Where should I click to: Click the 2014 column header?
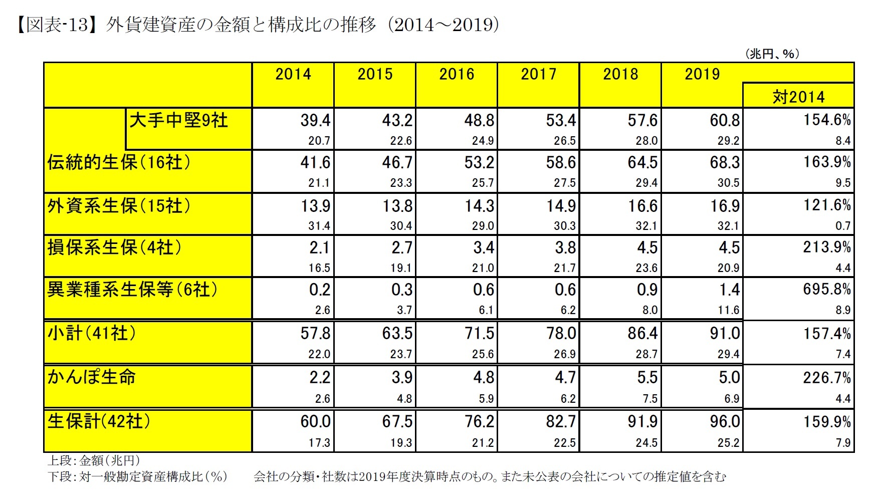coord(293,74)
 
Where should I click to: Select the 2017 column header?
coord(539,74)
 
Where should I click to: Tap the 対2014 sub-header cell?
coord(798,96)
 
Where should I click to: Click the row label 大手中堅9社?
coord(179,120)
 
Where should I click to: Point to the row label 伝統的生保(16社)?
coord(119,162)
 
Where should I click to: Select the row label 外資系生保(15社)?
coord(119,205)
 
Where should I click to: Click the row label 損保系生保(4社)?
coord(114,247)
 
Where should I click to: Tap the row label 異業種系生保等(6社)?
coord(132,290)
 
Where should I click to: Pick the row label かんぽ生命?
coord(92,377)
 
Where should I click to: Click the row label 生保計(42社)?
coord(99,421)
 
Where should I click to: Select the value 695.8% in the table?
coord(827,290)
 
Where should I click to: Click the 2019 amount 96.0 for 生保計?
coord(725,421)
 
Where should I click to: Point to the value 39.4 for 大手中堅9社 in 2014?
coord(315,120)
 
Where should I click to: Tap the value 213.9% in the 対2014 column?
coord(827,247)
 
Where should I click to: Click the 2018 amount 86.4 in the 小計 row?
coord(642,333)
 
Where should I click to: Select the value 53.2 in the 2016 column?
coord(479,163)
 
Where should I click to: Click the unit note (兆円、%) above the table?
coord(772,54)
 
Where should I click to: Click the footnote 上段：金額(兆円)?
coord(94,460)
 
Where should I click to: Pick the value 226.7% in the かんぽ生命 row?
coord(827,377)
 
